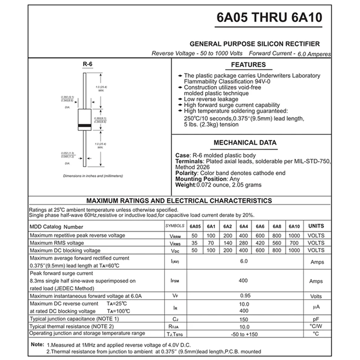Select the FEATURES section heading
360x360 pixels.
(x=248, y=65)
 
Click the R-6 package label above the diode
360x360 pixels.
(x=87, y=65)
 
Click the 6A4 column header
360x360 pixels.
(x=243, y=226)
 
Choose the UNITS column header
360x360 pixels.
(x=315, y=226)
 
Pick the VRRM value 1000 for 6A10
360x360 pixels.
(x=294, y=236)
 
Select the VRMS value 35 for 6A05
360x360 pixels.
(x=194, y=243)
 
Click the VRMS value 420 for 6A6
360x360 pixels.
(x=260, y=243)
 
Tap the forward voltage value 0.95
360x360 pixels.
(x=245, y=296)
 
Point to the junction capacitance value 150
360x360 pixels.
(x=243, y=319)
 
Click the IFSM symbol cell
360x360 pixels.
(x=175, y=281)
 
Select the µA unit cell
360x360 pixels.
(x=316, y=307)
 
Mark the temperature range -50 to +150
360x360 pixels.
(x=243, y=333)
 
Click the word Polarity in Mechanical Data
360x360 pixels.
(x=186, y=173)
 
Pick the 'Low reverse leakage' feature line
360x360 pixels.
(x=211, y=99)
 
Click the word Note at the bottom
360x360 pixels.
(x=36, y=344)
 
